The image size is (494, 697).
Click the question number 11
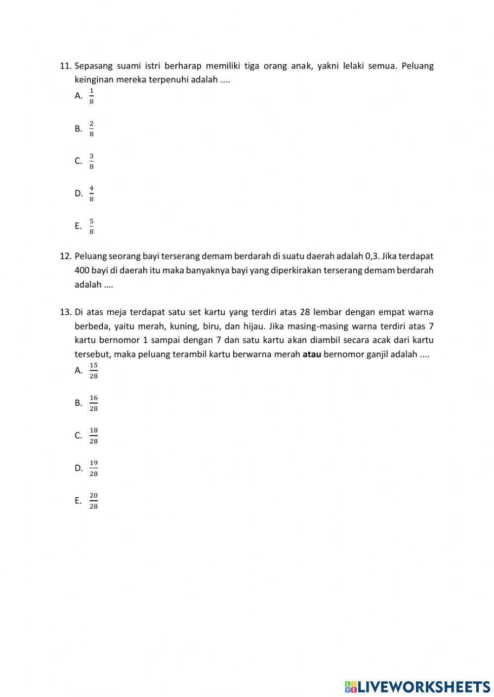pos(66,66)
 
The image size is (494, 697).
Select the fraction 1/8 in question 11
pos(91,96)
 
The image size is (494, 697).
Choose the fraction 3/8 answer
pos(91,161)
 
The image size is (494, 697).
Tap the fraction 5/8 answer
pos(91,226)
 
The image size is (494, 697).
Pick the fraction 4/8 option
pos(91,194)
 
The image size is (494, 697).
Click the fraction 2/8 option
pos(91,129)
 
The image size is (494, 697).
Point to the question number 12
pos(66,256)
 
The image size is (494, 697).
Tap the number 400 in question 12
pos(82,270)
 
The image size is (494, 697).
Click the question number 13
pos(66,312)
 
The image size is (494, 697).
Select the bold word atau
pos(312,354)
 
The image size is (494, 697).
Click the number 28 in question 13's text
pos(305,312)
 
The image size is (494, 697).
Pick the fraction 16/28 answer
pos(93,404)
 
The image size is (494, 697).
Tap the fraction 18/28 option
pos(93,436)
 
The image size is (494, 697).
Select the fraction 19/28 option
pos(93,469)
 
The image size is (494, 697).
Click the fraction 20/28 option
pos(93,501)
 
